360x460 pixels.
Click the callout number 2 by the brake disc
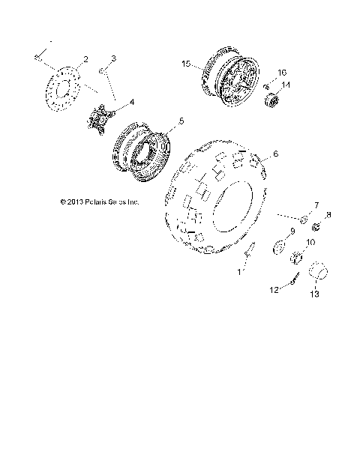click(x=85, y=59)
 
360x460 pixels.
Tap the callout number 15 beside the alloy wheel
click(x=186, y=64)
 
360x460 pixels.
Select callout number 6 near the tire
click(x=275, y=154)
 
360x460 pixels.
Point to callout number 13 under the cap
click(x=315, y=295)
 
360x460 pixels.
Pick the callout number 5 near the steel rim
click(x=181, y=120)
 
